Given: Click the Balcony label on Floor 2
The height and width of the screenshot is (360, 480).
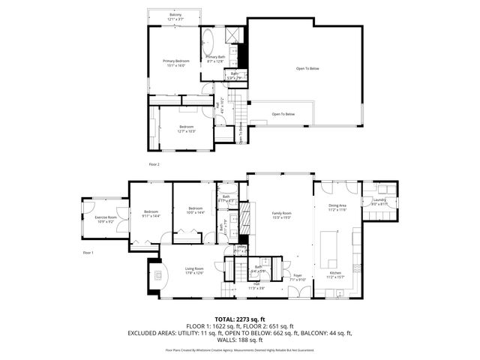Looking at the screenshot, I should point(175,16).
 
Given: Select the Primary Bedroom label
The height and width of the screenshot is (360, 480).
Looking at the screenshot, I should point(176,62).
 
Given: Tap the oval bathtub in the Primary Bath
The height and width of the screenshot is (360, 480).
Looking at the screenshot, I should point(209,41).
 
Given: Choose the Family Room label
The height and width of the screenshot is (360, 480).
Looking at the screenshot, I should point(280,215).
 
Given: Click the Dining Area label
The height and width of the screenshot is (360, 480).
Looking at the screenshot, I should point(337,207).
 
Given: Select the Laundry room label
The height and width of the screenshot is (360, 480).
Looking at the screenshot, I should point(378,201).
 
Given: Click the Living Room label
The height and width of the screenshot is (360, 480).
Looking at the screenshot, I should point(195,271).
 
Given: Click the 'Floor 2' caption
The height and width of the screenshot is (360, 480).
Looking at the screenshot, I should point(154,163).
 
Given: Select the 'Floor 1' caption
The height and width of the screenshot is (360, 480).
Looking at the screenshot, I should point(88,253).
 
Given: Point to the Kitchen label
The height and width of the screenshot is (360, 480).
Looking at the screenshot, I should point(336,274).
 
